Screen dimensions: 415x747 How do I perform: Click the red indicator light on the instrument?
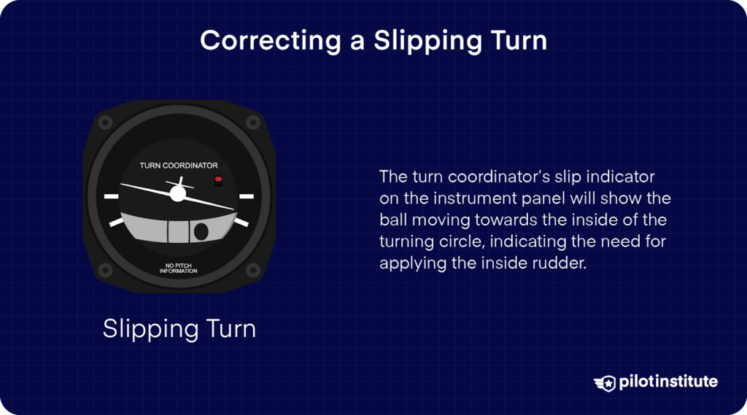point(217,179)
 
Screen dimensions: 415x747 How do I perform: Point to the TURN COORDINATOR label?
point(179,166)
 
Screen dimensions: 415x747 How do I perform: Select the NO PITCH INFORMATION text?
point(179,268)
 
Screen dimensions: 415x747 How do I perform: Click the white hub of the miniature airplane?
point(177,193)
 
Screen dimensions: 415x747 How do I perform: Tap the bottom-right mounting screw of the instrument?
point(253,271)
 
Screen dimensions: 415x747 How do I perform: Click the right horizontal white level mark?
point(247,196)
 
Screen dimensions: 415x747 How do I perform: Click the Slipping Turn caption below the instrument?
point(179,328)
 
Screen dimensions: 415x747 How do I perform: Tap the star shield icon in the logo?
point(605,382)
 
